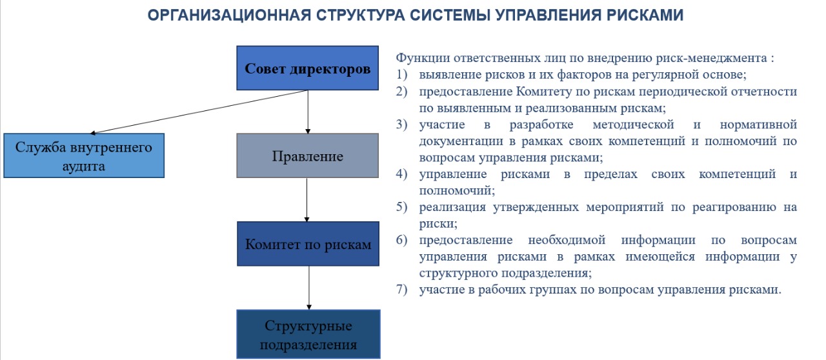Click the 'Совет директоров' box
click(x=307, y=68)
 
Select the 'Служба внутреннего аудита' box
click(x=84, y=156)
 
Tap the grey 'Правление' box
click(x=307, y=156)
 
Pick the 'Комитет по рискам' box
click(x=308, y=245)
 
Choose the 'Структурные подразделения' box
click(x=308, y=334)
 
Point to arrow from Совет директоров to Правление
click(x=308, y=111)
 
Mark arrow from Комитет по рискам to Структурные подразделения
click(x=309, y=287)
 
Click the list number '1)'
click(x=403, y=74)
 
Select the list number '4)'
click(x=403, y=175)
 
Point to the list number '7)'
click(x=403, y=290)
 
